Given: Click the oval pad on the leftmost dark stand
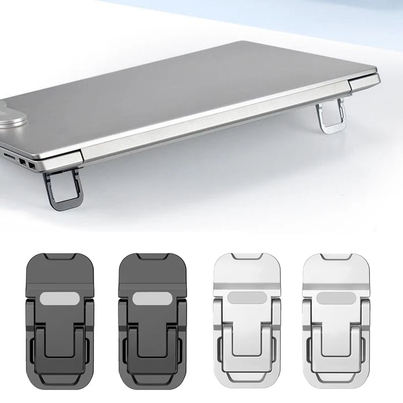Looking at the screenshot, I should click(54, 299).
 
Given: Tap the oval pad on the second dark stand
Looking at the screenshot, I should click(147, 299).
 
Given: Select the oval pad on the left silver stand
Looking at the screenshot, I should click(239, 299).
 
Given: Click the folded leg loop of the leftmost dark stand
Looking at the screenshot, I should click(54, 353).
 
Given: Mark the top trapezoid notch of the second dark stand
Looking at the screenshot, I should click(147, 258).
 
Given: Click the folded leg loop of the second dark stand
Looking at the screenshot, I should click(147, 353).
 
